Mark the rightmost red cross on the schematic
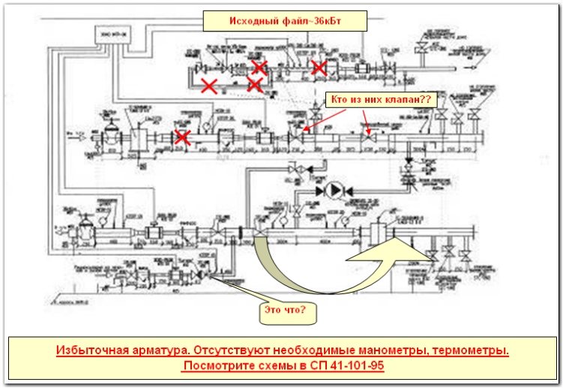[319, 68]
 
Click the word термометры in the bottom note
[471, 350]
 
